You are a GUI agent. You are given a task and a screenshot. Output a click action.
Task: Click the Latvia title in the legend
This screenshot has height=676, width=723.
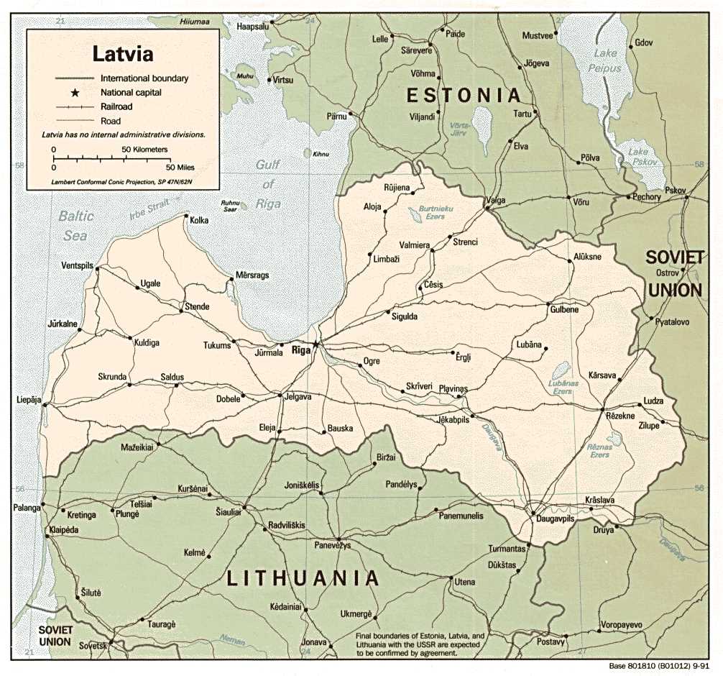[x=122, y=54]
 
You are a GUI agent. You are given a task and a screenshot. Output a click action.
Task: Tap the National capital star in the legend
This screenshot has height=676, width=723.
[x=74, y=93]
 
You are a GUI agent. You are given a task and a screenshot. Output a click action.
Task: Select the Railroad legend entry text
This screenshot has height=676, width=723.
[x=116, y=106]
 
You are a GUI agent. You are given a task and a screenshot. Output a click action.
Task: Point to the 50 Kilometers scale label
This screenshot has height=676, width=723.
[x=144, y=150]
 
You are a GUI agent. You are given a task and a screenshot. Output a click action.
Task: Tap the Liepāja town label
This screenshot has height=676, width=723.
[x=29, y=399]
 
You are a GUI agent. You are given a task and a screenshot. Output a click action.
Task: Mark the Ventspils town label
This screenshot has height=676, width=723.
[x=78, y=265]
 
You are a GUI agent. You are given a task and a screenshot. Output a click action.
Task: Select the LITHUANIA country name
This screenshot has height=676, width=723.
[x=303, y=578]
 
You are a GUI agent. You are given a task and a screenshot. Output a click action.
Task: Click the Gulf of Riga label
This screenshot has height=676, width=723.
[x=267, y=183]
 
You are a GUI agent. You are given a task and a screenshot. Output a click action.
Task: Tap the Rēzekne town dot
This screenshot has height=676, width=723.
[x=602, y=410]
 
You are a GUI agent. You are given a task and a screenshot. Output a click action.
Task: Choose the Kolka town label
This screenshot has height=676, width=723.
[x=199, y=220]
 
